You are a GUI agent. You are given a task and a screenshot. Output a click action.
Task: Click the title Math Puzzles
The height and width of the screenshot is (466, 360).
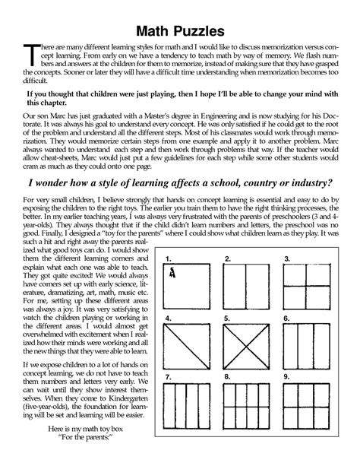coord(180,31)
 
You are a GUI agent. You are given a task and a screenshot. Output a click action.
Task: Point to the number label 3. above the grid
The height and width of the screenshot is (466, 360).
coord(287,259)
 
